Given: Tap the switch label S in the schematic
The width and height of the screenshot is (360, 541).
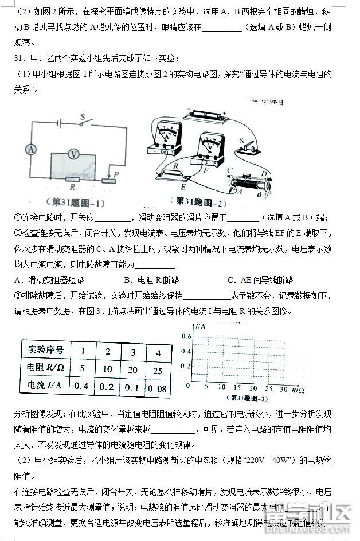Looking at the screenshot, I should point(82,116).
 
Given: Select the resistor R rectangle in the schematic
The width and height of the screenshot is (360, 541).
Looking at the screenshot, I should point(72,179).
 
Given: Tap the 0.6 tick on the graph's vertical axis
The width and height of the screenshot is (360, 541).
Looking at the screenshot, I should point(187,336).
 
